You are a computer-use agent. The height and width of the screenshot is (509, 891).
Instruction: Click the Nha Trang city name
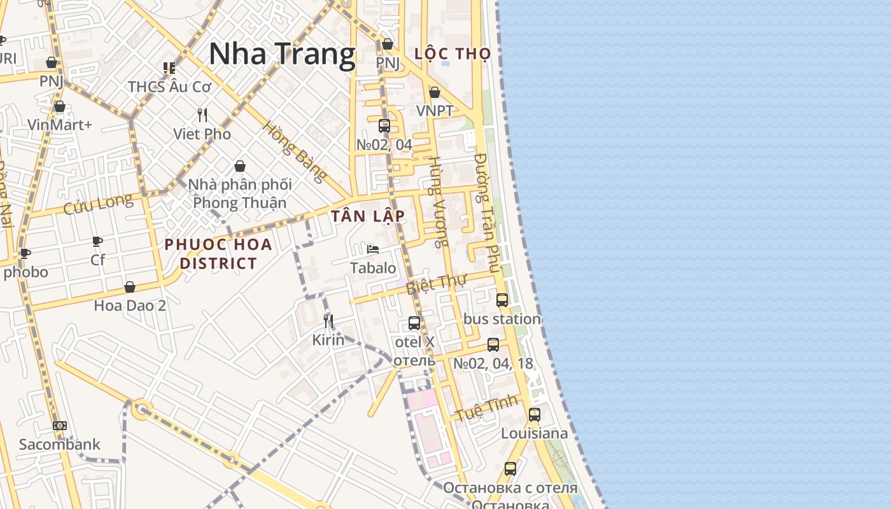coord(282,53)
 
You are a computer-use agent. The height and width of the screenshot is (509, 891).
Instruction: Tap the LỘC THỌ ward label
coord(453,54)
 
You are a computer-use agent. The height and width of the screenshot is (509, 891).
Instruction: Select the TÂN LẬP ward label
coord(368,216)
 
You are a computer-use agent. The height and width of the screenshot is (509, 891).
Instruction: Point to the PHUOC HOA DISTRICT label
coord(218,254)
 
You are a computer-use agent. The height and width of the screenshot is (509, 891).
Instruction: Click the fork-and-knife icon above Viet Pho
coord(202,115)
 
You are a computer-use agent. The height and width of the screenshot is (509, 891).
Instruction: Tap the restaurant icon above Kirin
coord(328,321)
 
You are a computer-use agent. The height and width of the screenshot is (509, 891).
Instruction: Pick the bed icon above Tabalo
coord(373,249)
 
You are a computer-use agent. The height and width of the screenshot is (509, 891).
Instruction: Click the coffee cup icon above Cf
coord(97,241)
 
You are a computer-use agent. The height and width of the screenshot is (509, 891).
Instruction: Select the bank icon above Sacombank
coord(60,426)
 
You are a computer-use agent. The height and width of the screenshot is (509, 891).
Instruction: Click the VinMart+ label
coord(60,125)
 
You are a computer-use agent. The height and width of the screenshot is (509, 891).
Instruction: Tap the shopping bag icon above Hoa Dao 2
coord(130,287)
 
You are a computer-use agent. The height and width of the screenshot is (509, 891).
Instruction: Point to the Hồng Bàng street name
coord(295,151)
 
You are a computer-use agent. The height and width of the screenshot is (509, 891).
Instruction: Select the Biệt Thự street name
coord(437,284)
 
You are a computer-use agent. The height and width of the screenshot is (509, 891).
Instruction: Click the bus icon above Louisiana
coord(535,415)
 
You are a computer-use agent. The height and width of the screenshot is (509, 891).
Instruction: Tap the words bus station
coord(502,319)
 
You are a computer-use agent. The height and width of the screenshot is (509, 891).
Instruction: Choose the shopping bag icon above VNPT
coord(435,93)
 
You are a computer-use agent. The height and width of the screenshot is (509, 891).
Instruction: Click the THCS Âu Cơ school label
coord(169,87)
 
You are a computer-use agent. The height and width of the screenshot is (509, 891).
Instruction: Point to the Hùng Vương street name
coord(437,202)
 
